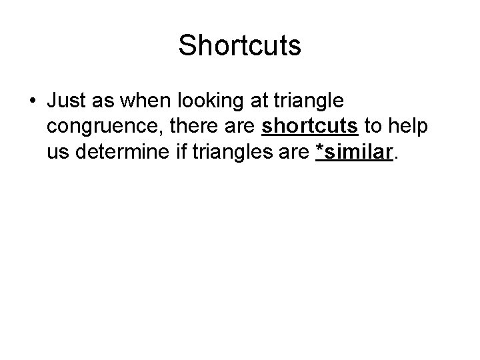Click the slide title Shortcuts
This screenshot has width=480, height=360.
point(240,46)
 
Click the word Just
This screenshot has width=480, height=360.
point(66,101)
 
